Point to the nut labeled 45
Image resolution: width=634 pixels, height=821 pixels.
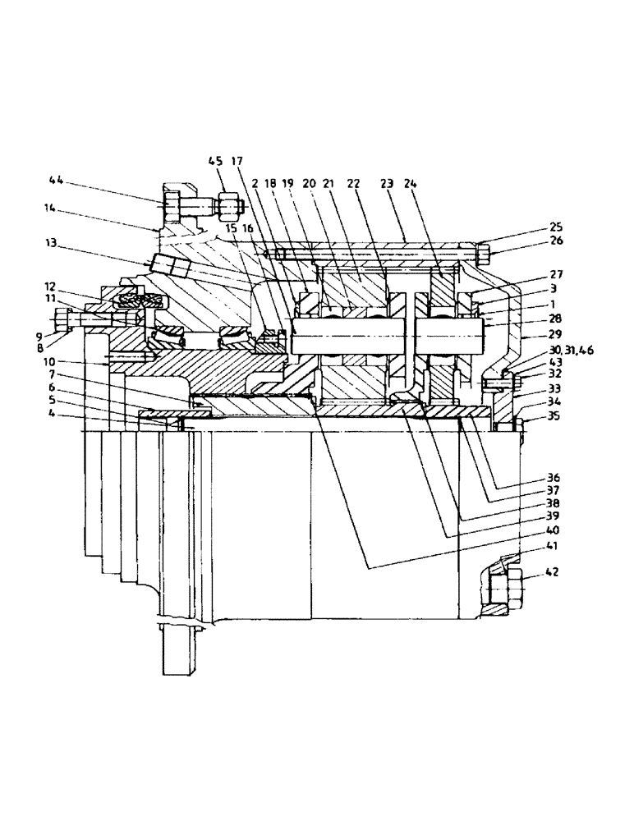[227, 204]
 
